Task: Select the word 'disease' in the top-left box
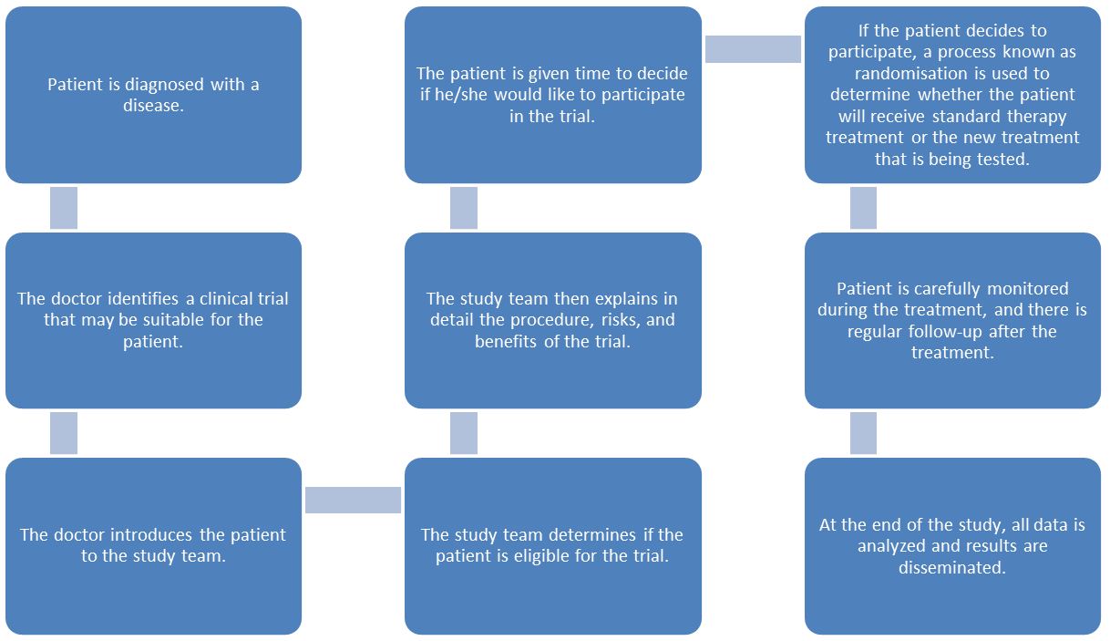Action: pyautogui.click(x=153, y=106)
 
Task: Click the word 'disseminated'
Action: pyautogui.click(x=952, y=567)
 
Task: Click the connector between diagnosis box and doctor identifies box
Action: pyautogui.click(x=64, y=208)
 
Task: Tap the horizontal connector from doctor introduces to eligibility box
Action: pyautogui.click(x=353, y=500)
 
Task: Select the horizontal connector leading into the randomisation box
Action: pyautogui.click(x=753, y=49)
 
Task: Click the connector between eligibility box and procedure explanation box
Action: pyautogui.click(x=464, y=433)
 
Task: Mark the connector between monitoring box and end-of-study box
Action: pyautogui.click(x=863, y=433)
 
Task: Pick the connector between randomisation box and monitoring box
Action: pyautogui.click(x=863, y=208)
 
